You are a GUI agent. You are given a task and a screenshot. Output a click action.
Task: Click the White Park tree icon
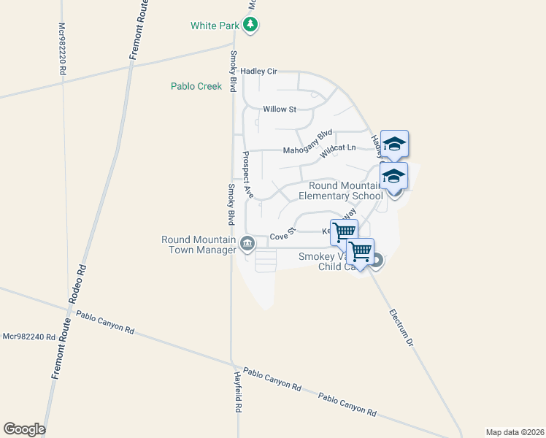coord(251,26)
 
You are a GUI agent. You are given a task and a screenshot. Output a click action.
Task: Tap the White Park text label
coord(214,26)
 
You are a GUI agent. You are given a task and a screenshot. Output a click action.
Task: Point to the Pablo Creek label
coord(196,86)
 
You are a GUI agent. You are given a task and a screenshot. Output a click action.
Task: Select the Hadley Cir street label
coord(264,72)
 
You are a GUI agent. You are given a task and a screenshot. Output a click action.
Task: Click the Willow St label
coord(280,109)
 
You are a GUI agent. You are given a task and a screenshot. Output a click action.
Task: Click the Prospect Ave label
coord(247,175)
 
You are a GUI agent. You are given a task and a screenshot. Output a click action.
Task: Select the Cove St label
coord(282,235)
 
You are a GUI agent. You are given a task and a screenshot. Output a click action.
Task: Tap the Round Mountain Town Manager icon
coord(247,243)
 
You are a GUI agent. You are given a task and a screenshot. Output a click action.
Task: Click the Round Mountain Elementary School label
coord(345,191)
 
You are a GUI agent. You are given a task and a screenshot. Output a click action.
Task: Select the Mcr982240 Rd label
coord(28,337)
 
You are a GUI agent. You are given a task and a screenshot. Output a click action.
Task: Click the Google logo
coord(24,429)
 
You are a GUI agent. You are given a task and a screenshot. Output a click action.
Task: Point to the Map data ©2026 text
coord(515,431)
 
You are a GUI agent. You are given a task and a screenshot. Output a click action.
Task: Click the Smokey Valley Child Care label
coord(330,261)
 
